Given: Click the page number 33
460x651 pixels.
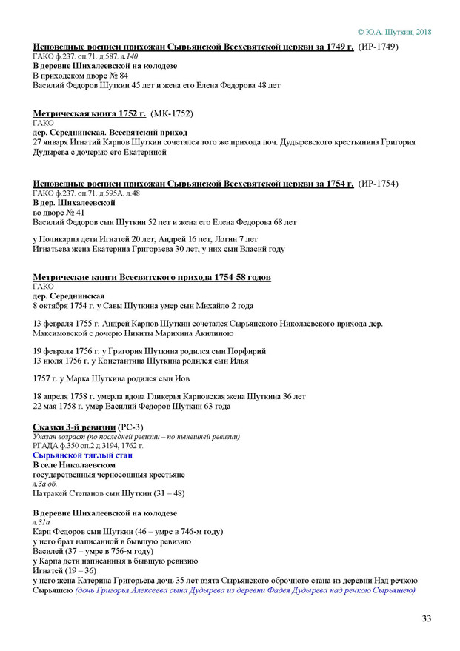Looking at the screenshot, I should point(426,618).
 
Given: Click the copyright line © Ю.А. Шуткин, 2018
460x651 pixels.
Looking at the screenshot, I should point(394,32).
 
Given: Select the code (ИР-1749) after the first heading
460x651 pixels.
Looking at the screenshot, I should point(378,47).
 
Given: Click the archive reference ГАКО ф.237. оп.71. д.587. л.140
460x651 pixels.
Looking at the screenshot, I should point(85,56).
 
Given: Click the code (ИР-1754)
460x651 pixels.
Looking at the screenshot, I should point(378,183).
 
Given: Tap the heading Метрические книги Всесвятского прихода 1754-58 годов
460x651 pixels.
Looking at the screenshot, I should point(152,276).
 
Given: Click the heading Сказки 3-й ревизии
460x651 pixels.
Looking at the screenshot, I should point(74,428).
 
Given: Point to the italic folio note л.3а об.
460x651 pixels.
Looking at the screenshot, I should point(45,483).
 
